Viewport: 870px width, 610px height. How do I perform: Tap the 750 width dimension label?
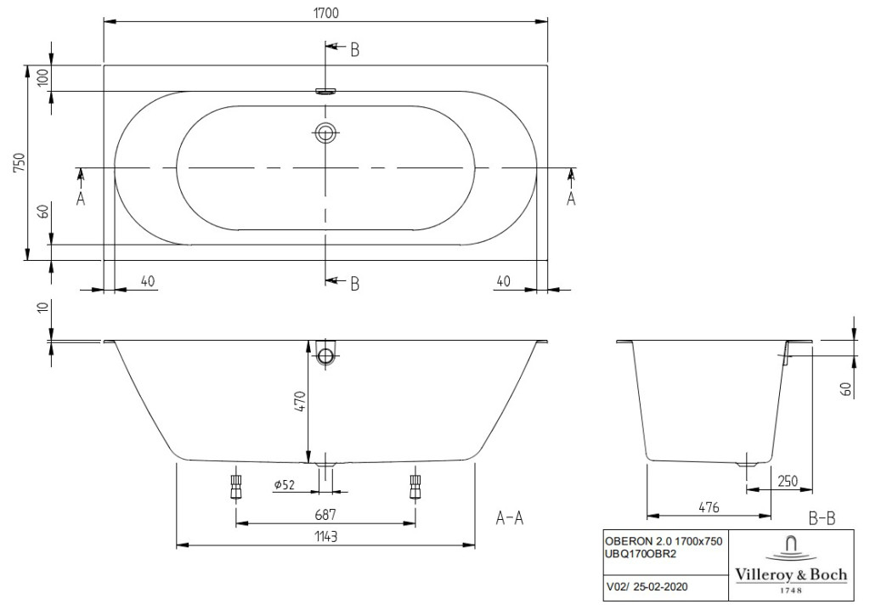pos(20,162)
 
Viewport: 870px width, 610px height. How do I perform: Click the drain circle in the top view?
pos(325,133)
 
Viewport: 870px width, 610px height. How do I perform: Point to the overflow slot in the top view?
pos(325,91)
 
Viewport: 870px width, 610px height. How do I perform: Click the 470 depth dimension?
pos(300,401)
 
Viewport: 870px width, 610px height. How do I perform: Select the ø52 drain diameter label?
pos(284,484)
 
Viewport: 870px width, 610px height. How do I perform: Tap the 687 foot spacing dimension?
pos(325,515)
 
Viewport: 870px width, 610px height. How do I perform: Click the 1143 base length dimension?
pos(325,536)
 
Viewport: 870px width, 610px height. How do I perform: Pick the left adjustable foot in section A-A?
pos(236,487)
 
